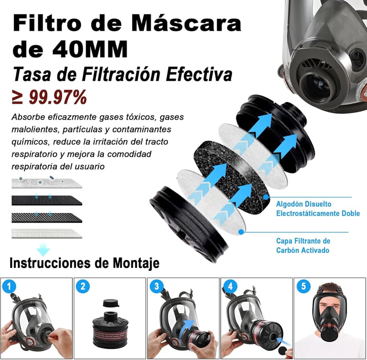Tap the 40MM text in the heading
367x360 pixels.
[x=90, y=50]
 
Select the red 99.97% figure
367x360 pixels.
[x=58, y=97]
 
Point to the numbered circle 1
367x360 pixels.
[x=9, y=286]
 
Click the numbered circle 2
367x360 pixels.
[x=83, y=286]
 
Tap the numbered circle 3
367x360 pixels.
[x=156, y=286]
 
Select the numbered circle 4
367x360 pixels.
[x=230, y=286]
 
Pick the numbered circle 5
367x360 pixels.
[x=304, y=286]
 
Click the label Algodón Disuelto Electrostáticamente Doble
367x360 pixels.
[x=318, y=209]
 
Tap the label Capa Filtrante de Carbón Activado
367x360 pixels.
[x=303, y=245]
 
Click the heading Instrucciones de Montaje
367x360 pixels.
[x=84, y=263]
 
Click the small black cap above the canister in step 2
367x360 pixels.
[x=111, y=303]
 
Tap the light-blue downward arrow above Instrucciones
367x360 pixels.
[x=43, y=249]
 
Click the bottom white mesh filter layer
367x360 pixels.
[x=47, y=233]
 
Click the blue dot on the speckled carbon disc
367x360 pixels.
[x=266, y=197]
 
